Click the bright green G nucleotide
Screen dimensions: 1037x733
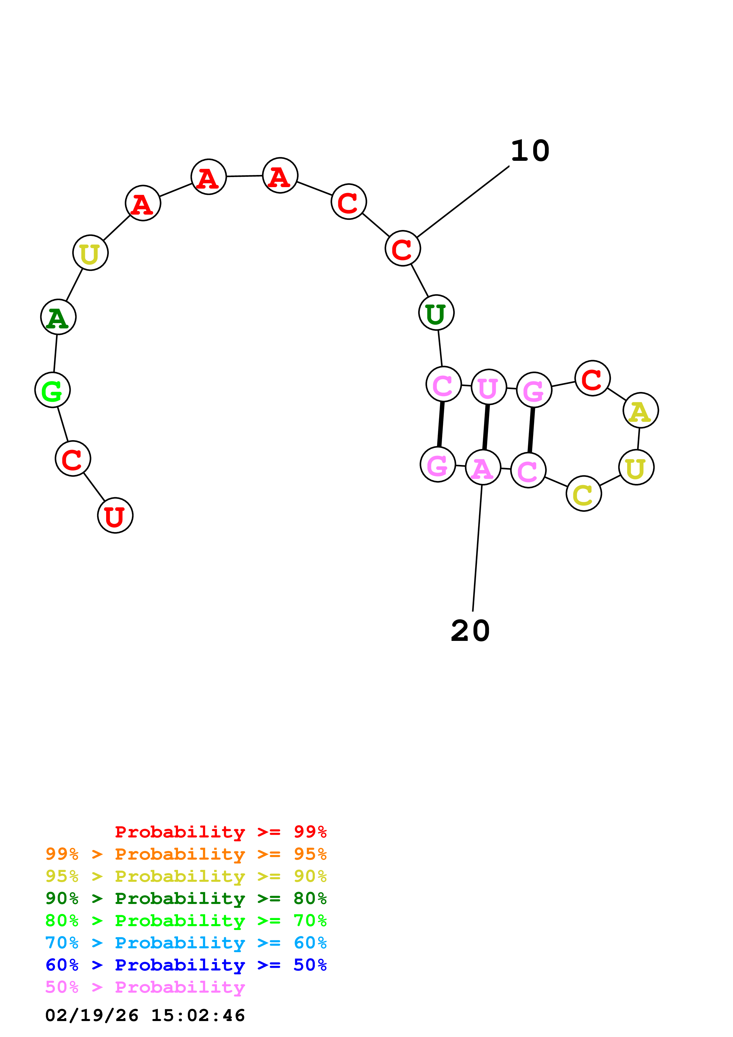(52, 390)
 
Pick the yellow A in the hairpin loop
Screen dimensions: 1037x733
(640, 411)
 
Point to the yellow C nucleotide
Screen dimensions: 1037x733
(583, 494)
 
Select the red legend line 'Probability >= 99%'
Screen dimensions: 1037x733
(220, 832)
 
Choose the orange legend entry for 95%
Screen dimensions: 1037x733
(186, 854)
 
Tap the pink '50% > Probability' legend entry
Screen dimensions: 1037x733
(145, 987)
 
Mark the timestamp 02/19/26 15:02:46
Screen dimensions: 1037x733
(145, 1015)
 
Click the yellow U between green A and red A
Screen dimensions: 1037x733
(90, 253)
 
